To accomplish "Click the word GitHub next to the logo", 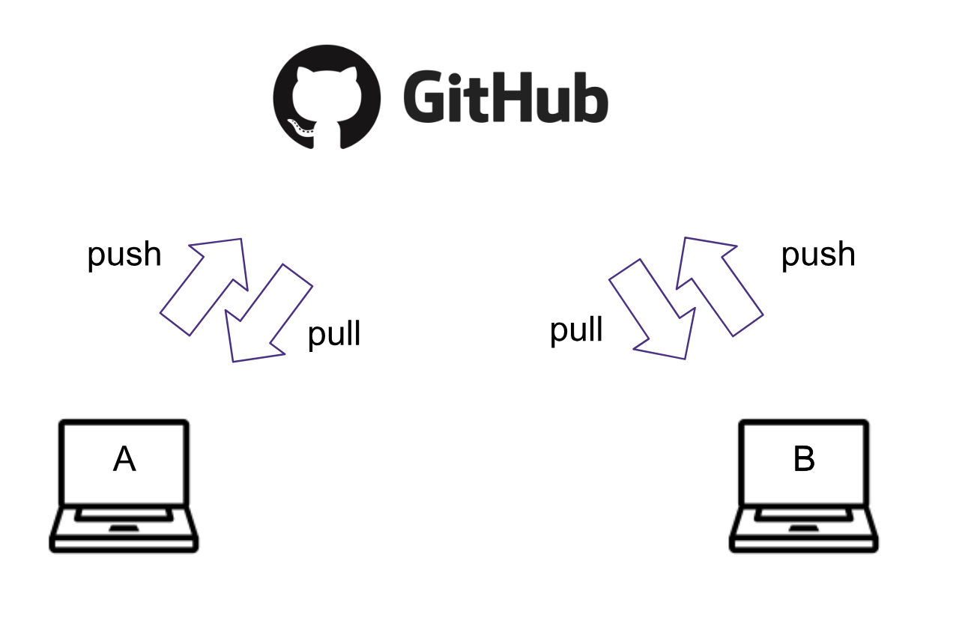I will coord(505,97).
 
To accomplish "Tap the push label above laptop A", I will coord(124,255).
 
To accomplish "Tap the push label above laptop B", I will coord(818,255).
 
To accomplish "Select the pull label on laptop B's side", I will coord(576,329).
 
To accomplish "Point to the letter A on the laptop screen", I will coord(124,459).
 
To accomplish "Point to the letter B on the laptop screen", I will coord(804,459).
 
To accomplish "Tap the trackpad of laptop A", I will coord(124,529).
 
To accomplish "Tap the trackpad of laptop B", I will coord(804,529).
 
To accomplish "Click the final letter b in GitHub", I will coord(590,98).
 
